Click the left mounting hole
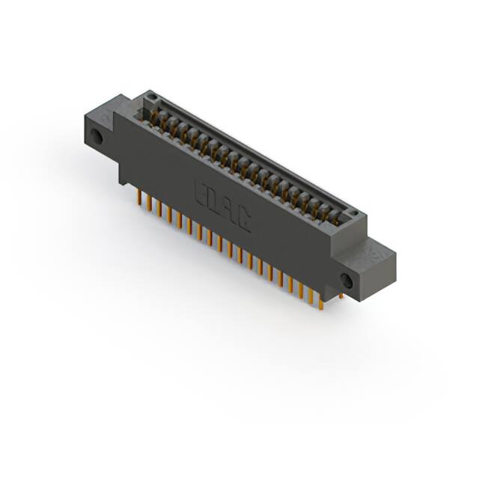click(x=97, y=137)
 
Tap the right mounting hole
click(x=346, y=280)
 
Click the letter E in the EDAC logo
click(x=201, y=190)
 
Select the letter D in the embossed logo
click(x=216, y=200)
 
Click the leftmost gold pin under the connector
click(x=139, y=196)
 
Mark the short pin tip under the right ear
click(x=341, y=296)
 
